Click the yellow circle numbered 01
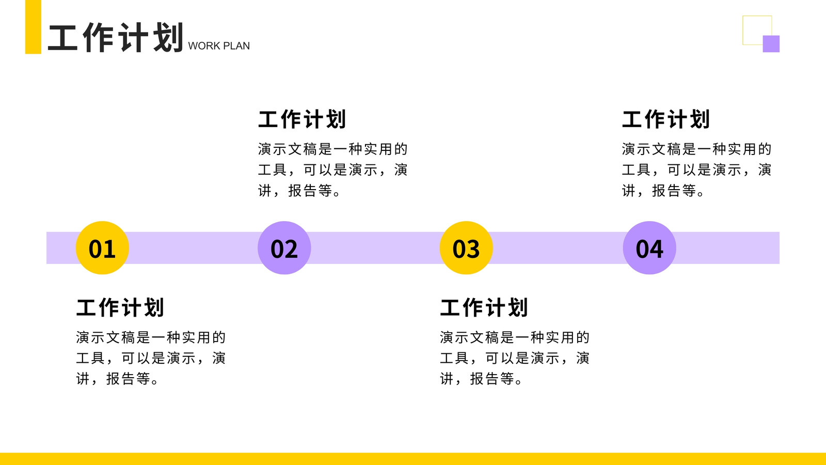(x=102, y=247)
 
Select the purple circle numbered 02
(x=284, y=247)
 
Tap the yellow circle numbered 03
(x=466, y=247)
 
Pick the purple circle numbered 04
(x=649, y=247)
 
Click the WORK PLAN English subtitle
(x=219, y=46)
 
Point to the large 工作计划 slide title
(x=116, y=37)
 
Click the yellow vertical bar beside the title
(x=33, y=27)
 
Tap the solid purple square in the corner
(x=771, y=44)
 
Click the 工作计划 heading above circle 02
(x=302, y=119)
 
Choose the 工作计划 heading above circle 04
(x=666, y=119)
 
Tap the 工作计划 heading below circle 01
(x=120, y=307)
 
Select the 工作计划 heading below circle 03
(x=484, y=307)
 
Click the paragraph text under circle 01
(x=151, y=358)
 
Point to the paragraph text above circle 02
(x=332, y=170)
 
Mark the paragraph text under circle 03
(x=515, y=358)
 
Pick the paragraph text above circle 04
(x=696, y=170)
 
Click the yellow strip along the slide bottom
(x=413, y=459)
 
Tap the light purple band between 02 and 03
(x=375, y=247)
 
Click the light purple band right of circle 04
(x=728, y=247)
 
